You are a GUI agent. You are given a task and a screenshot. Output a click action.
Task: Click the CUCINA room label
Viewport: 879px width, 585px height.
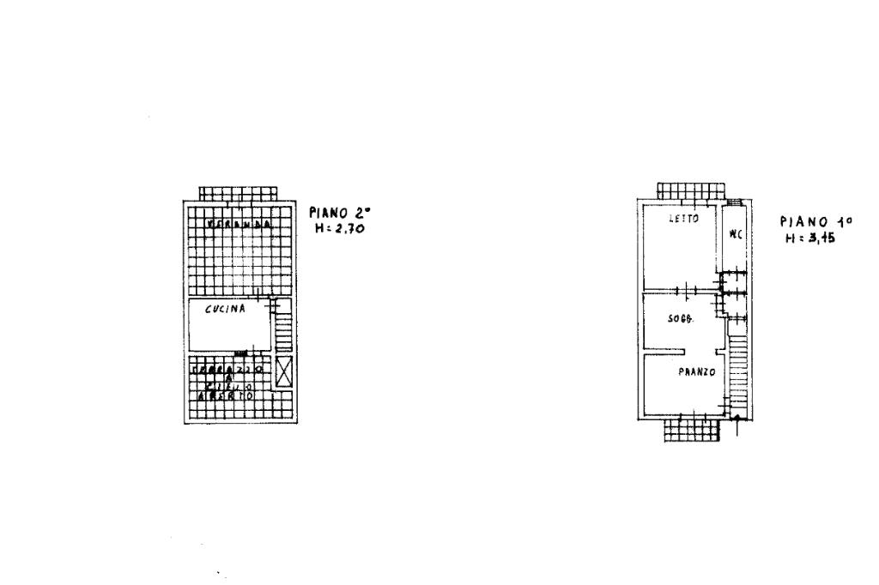225,310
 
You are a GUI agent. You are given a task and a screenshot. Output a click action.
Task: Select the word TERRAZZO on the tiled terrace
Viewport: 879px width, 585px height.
228,370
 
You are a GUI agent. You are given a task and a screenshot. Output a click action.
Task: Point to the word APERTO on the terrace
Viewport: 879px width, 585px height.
226,396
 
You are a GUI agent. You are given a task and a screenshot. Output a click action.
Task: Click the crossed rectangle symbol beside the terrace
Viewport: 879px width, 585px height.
283,371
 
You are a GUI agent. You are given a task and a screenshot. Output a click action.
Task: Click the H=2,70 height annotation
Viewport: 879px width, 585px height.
340,229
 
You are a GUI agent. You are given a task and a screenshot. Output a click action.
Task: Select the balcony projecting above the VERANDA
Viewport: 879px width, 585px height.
239,192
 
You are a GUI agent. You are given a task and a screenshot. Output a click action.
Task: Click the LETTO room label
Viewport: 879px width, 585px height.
684,219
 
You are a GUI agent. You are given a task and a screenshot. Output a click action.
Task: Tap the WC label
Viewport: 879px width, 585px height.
735,234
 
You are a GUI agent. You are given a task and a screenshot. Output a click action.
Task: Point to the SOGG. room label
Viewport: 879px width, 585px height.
682,319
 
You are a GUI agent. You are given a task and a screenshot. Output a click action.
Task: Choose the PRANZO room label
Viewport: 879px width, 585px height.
696,372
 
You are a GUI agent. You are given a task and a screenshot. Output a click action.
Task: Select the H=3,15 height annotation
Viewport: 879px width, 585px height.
810,238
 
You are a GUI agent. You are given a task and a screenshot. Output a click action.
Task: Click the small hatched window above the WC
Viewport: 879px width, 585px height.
734,202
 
